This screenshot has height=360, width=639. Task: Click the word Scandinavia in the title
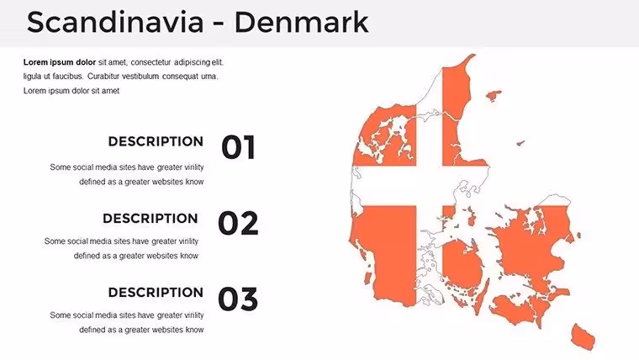pyautogui.click(x=115, y=22)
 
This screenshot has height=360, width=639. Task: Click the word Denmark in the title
pyautogui.click(x=302, y=22)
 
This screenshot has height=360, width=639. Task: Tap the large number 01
pyautogui.click(x=239, y=147)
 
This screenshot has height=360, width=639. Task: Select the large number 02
pyautogui.click(x=239, y=223)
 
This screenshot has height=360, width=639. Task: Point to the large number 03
pyautogui.click(x=239, y=299)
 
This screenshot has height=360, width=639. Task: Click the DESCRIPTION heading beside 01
pyautogui.click(x=156, y=141)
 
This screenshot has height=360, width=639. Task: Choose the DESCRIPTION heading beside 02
pyautogui.click(x=150, y=218)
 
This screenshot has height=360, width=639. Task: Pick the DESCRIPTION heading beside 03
pyautogui.click(x=156, y=293)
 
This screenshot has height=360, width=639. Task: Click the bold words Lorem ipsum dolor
pyautogui.click(x=60, y=62)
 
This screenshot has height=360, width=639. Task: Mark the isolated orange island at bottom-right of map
pyautogui.click(x=584, y=336)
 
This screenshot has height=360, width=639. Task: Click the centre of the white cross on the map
pyautogui.click(x=429, y=186)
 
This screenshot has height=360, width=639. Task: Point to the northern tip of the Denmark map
pyautogui.click(x=473, y=55)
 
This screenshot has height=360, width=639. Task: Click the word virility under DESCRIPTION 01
pyautogui.click(x=194, y=167)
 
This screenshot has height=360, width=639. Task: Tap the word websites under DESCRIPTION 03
pyautogui.click(x=167, y=330)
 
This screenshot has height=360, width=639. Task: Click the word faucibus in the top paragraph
pyautogui.click(x=67, y=77)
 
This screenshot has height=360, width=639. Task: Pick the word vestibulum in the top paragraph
pyautogui.click(x=140, y=77)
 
